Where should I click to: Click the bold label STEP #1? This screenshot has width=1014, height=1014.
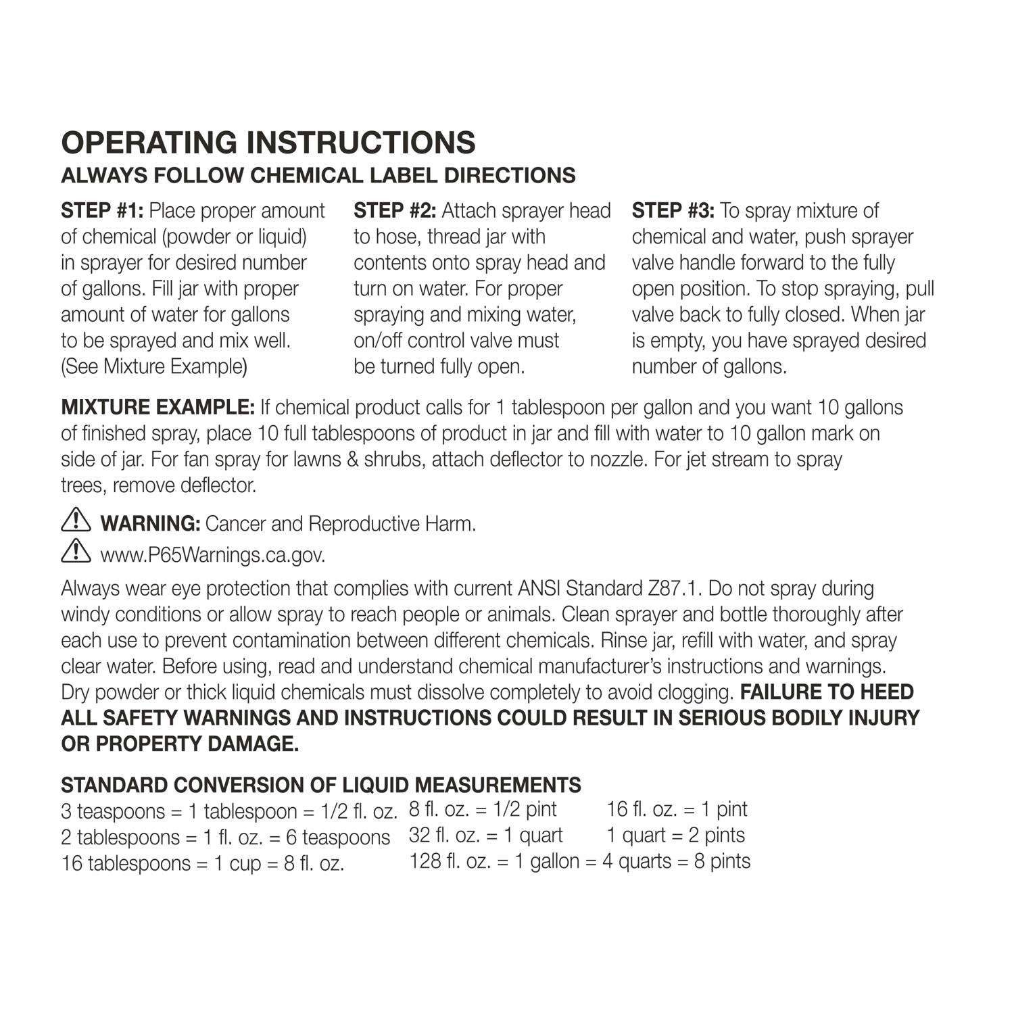click(x=102, y=211)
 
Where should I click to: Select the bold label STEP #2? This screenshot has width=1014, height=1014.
click(x=395, y=211)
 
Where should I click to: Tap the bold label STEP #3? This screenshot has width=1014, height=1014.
click(x=673, y=211)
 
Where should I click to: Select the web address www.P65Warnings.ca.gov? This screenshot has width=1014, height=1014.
click(x=213, y=555)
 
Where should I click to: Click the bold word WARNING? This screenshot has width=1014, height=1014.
click(x=149, y=524)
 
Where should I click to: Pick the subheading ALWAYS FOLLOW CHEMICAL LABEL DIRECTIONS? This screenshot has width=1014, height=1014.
click(x=318, y=176)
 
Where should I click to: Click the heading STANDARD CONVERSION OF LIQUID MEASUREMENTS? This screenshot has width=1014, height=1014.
click(x=320, y=785)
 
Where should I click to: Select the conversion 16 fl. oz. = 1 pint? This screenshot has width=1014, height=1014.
click(x=677, y=809)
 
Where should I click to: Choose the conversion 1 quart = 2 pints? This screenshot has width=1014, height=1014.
click(x=675, y=836)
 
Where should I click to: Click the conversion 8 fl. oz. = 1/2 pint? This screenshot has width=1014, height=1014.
click(x=483, y=809)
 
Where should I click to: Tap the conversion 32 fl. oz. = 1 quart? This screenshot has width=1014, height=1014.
click(x=485, y=836)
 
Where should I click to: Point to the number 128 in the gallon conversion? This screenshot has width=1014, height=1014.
click(x=425, y=861)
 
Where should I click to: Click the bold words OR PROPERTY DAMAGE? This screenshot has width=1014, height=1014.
click(x=180, y=744)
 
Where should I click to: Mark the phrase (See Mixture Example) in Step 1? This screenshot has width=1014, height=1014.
click(x=154, y=366)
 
